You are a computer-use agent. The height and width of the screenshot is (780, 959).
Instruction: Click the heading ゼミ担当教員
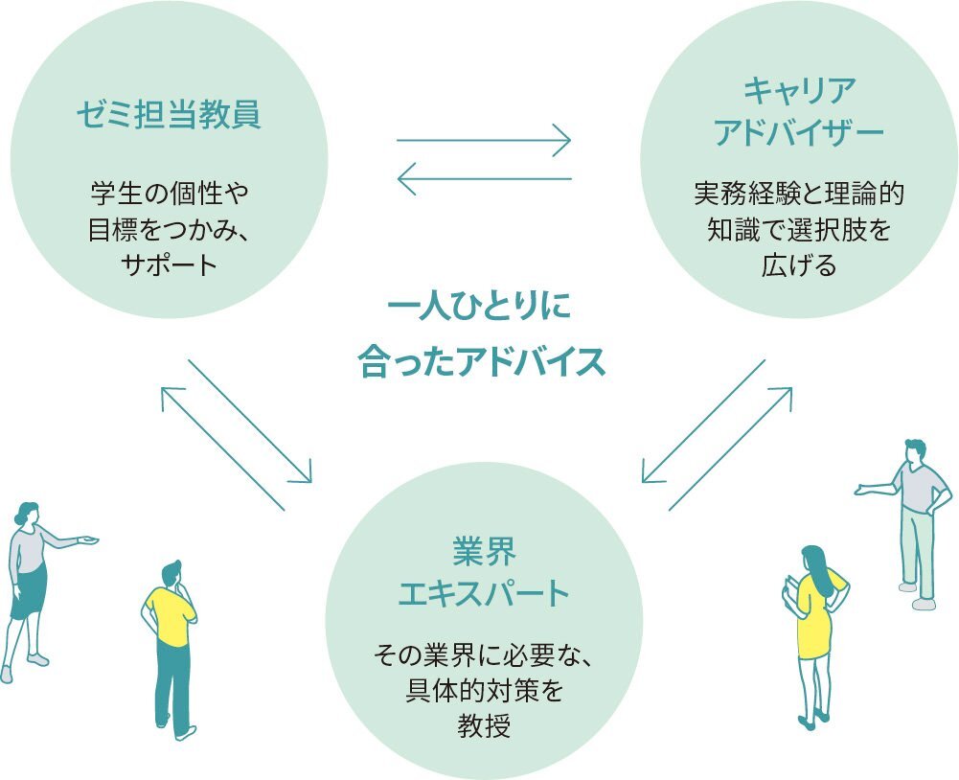tap(169, 116)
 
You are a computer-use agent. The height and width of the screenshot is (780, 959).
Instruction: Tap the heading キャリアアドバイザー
tap(798, 112)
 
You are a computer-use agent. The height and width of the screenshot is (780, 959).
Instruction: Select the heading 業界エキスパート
tap(484, 572)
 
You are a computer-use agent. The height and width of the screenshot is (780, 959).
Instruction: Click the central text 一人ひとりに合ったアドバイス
tap(482, 337)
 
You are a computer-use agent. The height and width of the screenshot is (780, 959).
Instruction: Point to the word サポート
tap(170, 265)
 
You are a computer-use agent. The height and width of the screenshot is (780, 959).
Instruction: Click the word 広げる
tap(798, 265)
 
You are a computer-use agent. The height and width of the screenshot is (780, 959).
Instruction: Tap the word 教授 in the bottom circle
tap(484, 725)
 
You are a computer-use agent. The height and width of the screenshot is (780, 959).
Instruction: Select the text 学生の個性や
tap(170, 194)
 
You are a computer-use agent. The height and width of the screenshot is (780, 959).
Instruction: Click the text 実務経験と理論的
tap(798, 194)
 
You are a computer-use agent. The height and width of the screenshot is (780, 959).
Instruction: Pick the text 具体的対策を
tap(484, 692)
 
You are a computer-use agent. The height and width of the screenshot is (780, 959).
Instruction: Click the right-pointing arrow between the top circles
tap(484, 142)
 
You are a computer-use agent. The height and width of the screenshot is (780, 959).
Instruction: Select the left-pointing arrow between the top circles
tap(484, 177)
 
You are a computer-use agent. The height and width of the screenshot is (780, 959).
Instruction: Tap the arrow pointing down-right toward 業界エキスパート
tap(251, 422)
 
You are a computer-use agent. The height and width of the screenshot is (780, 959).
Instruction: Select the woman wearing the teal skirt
tap(31, 585)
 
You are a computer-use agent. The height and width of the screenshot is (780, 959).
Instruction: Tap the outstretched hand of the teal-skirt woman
tap(90, 541)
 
